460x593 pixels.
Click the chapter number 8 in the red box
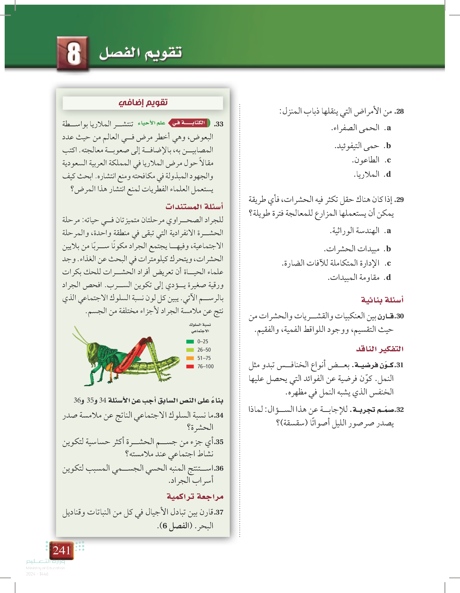tap(73, 54)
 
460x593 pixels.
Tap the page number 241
tap(62, 550)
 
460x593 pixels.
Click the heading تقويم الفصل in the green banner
tap(140, 53)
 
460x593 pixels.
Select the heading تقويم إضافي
tap(143, 103)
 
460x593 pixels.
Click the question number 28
tap(399, 111)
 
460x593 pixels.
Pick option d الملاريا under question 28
tap(372, 174)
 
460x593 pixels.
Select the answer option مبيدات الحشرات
tap(357, 249)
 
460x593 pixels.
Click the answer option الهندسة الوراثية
tap(360, 231)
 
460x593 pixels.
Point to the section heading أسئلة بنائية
tap(382, 300)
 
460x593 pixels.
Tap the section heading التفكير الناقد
tap(380, 349)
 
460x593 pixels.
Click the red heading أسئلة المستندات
tap(194, 207)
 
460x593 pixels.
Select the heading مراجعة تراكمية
tap(195, 497)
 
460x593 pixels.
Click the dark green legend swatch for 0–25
tap(190, 341)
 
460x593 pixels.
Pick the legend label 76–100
tap(205, 367)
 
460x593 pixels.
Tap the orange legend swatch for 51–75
tap(190, 358)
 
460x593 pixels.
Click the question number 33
tap(219, 124)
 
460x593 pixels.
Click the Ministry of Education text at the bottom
tap(45, 568)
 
